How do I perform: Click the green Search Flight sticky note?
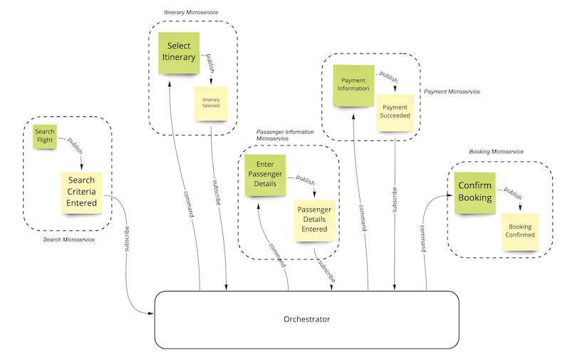pyautogui.click(x=44, y=135)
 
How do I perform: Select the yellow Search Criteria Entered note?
pyautogui.click(x=81, y=192)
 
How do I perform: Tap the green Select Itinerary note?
pyautogui.click(x=178, y=51)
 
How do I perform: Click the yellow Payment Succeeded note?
pyautogui.click(x=395, y=112)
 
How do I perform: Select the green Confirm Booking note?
pyautogui.click(x=475, y=192)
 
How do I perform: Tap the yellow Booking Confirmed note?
pyautogui.click(x=520, y=231)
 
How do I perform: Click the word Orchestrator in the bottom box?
pyautogui.click(x=306, y=319)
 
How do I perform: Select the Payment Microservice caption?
pyautogui.click(x=452, y=92)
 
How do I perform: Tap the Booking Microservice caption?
pyautogui.click(x=497, y=152)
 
